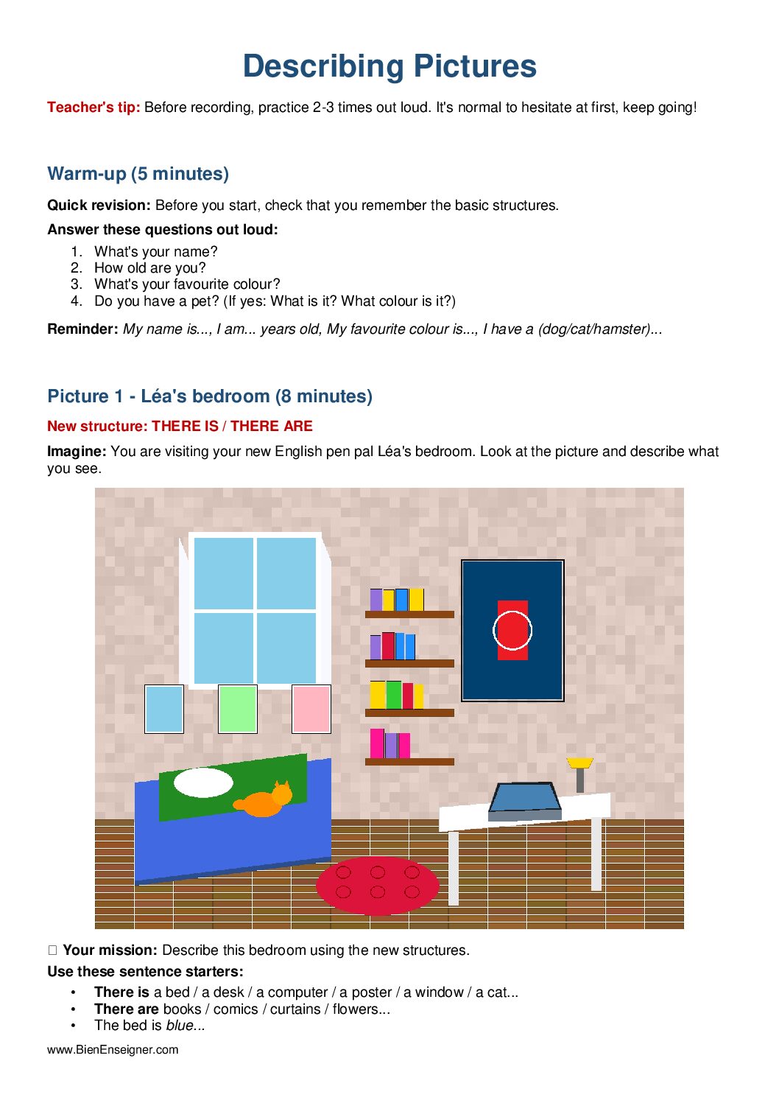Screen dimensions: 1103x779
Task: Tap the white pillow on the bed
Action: (x=203, y=782)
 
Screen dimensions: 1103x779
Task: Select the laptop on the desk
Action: (x=526, y=800)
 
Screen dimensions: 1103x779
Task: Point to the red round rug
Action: (x=377, y=885)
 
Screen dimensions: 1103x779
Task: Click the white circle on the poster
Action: (x=512, y=630)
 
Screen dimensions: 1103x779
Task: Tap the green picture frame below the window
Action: (x=238, y=709)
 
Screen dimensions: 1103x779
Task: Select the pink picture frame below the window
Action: (x=311, y=709)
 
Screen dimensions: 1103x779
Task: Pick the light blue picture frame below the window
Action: (x=164, y=709)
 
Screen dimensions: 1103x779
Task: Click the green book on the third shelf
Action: (x=394, y=695)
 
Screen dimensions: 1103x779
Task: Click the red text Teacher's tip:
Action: (x=94, y=108)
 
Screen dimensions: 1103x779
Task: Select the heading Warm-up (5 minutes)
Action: (x=138, y=174)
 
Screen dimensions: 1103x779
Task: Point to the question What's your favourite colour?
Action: (x=187, y=284)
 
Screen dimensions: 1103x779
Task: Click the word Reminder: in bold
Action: (x=82, y=329)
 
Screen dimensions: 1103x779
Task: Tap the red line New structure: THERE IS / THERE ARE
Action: (x=180, y=427)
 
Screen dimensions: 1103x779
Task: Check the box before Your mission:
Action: (x=52, y=950)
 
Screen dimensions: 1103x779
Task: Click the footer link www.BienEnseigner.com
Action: (x=113, y=1050)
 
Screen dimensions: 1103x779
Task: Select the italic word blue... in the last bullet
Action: (x=186, y=1026)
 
